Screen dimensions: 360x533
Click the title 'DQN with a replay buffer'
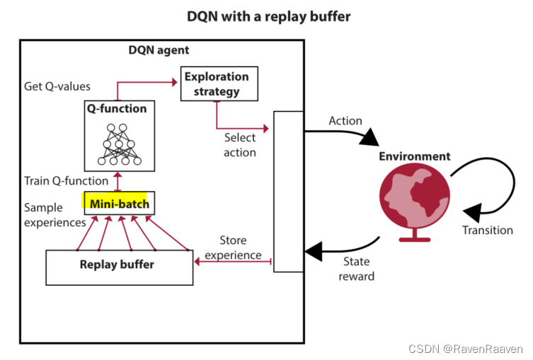click(268, 16)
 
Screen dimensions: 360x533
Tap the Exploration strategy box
click(217, 83)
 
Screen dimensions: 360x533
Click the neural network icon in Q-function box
click(118, 144)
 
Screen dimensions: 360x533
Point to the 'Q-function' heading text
click(118, 109)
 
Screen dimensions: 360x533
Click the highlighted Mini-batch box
click(118, 204)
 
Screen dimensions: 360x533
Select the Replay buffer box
click(119, 266)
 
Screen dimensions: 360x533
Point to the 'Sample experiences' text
click(54, 215)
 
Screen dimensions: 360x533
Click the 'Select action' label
click(240, 145)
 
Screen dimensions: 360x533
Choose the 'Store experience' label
click(232, 248)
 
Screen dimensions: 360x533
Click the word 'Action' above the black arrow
click(345, 121)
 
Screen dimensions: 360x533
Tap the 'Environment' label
click(414, 156)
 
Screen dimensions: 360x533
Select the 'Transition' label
click(487, 230)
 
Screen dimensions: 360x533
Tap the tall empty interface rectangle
click(288, 191)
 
